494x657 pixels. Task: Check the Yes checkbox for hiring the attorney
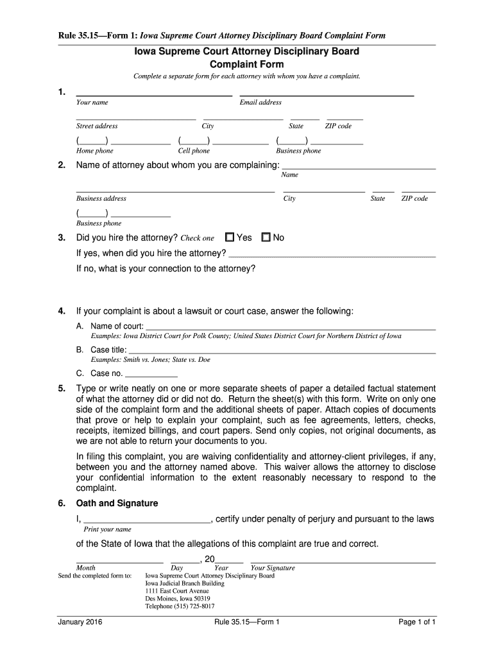click(230, 237)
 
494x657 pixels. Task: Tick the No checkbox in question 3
click(266, 237)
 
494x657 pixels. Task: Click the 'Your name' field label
click(92, 103)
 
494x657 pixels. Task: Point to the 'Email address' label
click(260, 103)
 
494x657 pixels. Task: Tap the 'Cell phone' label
click(194, 151)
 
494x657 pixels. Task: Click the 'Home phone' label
click(95, 151)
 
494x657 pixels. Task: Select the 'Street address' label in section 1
click(97, 126)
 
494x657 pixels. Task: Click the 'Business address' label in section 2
click(101, 199)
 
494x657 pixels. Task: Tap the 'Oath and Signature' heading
click(117, 504)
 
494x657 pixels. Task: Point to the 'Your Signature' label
click(273, 568)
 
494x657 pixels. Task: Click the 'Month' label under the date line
click(86, 568)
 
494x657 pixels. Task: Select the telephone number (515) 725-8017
click(180, 606)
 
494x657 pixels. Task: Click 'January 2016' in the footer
click(80, 622)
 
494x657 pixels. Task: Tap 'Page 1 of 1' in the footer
click(417, 622)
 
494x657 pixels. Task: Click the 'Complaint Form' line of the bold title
click(246, 65)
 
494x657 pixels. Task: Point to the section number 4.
click(61, 312)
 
